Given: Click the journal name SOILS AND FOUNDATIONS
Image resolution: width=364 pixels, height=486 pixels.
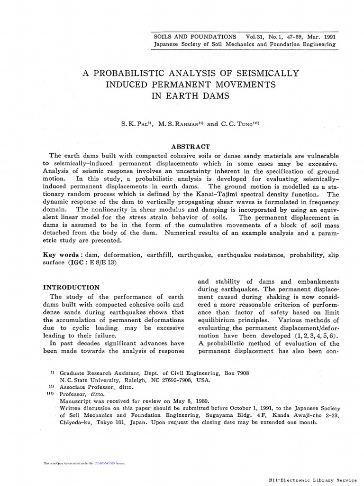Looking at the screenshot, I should click(x=195, y=36).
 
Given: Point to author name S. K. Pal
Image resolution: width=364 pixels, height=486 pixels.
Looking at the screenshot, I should click(x=136, y=124).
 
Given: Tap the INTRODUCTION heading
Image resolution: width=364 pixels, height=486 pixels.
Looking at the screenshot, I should click(x=71, y=287).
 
